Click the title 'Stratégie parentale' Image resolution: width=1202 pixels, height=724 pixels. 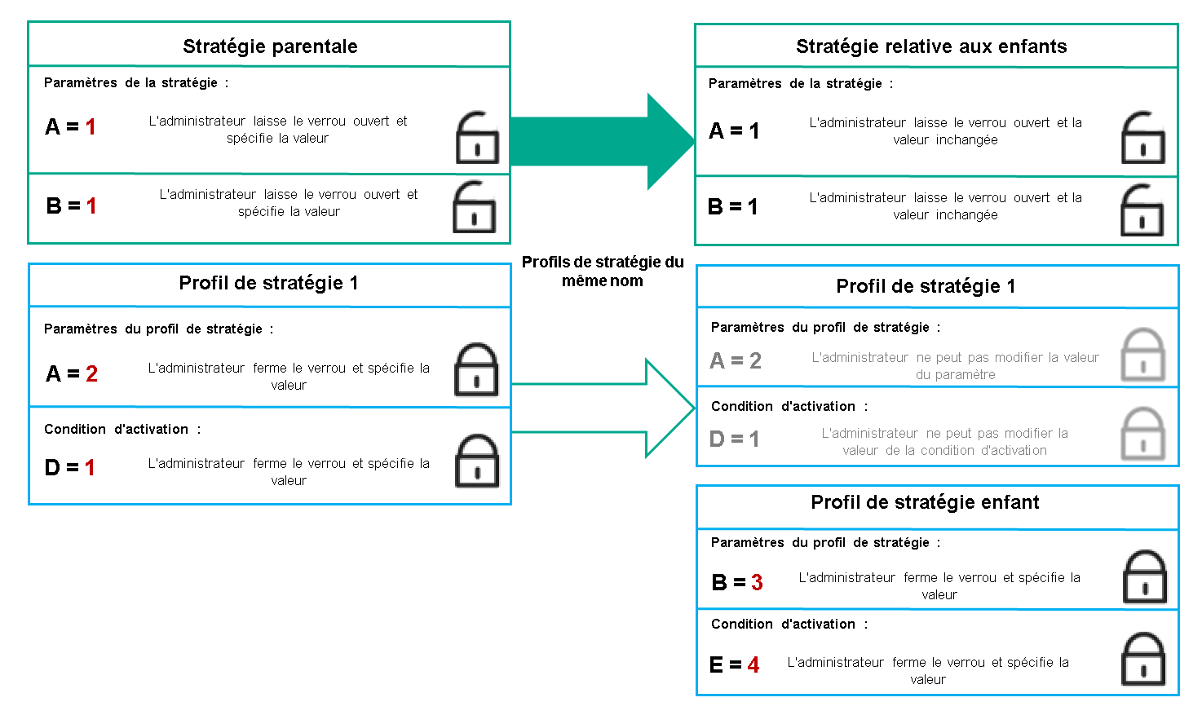pos(270,46)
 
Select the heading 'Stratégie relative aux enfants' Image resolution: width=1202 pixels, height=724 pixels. pos(931,46)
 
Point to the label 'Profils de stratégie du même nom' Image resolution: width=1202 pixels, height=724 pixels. pos(603,271)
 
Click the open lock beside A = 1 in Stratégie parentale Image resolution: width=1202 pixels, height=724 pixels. pos(477,138)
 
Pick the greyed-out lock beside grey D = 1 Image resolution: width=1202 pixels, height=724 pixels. pos(1142,434)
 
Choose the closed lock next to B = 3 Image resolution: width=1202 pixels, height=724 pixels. pos(1145,576)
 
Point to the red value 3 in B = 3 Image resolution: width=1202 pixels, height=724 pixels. pos(757,582)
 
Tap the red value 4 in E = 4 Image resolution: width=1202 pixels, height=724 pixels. pos(753,665)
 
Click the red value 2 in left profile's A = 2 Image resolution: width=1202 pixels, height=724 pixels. pos(91,373)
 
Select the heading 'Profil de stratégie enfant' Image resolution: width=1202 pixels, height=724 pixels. pos(925,502)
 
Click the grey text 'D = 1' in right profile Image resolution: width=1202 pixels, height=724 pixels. pos(734,439)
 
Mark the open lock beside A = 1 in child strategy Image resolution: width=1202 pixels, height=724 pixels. pos(1143,138)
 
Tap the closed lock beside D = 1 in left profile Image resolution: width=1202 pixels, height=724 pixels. pos(476,461)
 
